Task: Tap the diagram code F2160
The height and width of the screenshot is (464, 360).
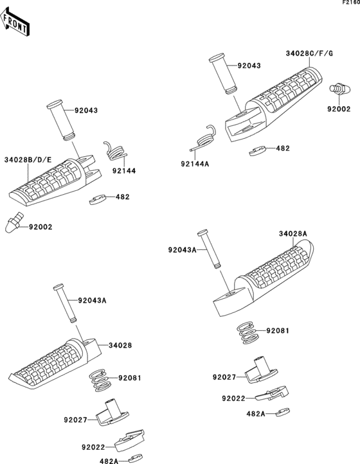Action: (349, 3)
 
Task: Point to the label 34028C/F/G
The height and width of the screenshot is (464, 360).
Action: (310, 53)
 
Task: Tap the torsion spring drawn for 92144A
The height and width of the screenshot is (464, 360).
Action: (204, 136)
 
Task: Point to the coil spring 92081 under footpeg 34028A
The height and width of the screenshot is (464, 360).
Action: (247, 332)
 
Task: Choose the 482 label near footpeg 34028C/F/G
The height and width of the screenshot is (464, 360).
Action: (282, 148)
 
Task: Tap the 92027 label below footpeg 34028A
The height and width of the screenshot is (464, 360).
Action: (224, 377)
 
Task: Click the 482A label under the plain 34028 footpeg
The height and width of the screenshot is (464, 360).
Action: (109, 461)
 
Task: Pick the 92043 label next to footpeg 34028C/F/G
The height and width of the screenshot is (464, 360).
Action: (249, 66)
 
